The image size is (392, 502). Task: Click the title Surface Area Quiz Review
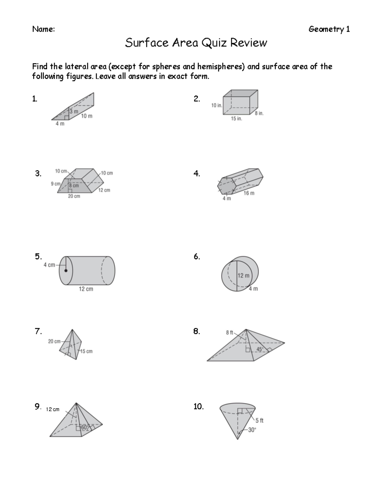pyautogui.click(x=196, y=43)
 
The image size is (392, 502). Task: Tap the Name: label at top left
pyautogui.click(x=43, y=29)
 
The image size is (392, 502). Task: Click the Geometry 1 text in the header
pyautogui.click(x=329, y=29)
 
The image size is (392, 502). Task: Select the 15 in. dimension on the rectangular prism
pyautogui.click(x=237, y=119)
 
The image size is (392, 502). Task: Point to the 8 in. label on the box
pyautogui.click(x=259, y=113)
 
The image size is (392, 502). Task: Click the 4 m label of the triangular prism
pyautogui.click(x=60, y=124)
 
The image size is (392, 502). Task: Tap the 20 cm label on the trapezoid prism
pyautogui.click(x=74, y=196)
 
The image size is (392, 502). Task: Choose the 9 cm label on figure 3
pyautogui.click(x=56, y=184)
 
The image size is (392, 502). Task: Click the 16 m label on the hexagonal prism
pyautogui.click(x=249, y=193)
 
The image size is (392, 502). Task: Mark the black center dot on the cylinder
pyautogui.click(x=66, y=271)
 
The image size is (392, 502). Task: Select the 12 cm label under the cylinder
pyautogui.click(x=86, y=289)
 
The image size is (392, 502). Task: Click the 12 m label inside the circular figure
pyautogui.click(x=243, y=276)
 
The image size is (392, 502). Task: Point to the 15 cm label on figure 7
pyautogui.click(x=86, y=351)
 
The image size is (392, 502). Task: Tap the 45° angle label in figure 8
pyautogui.click(x=260, y=349)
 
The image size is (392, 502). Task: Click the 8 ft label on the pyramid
pyautogui.click(x=229, y=333)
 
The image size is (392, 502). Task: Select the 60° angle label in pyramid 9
pyautogui.click(x=85, y=427)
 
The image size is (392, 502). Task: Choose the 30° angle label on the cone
pyautogui.click(x=252, y=430)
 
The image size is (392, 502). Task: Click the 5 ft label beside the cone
pyautogui.click(x=259, y=421)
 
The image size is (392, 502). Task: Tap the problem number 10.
pyautogui.click(x=198, y=407)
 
